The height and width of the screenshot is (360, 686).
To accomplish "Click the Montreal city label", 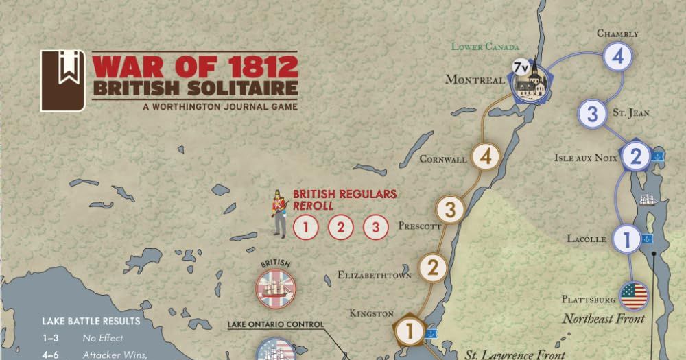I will [x=475, y=80].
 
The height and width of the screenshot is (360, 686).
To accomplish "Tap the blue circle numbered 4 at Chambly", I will [x=617, y=57].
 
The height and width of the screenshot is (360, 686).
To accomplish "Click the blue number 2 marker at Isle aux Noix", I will [x=635, y=157].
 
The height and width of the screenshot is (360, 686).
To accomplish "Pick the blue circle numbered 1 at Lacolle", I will [x=626, y=239].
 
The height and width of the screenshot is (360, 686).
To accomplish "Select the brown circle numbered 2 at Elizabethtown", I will [x=432, y=267].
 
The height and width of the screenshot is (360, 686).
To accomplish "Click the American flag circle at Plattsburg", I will [x=633, y=296].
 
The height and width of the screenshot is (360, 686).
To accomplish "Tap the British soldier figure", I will [x=279, y=213].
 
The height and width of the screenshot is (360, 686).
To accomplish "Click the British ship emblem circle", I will [x=275, y=288].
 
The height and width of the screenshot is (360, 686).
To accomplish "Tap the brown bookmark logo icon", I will [x=62, y=80].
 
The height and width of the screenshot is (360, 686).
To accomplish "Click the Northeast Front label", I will [x=603, y=319].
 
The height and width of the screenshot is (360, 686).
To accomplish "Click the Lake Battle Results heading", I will [x=91, y=321].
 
